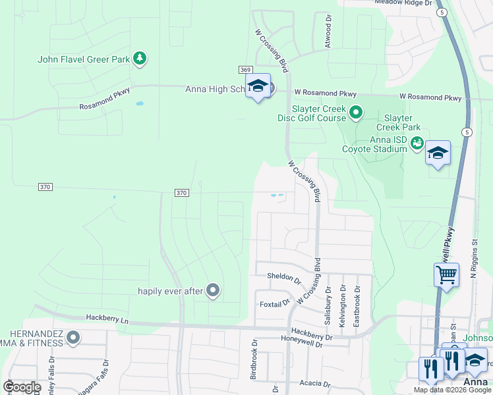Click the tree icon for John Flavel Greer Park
coord(139,59)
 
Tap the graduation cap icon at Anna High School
coord(258,86)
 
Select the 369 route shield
coord(245,70)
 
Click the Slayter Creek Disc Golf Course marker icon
coord(356,113)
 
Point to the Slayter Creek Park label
coord(398,122)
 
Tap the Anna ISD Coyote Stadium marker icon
coord(417,143)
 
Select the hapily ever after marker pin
coord(212,290)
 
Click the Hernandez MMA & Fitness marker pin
coord(72,338)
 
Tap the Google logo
coord(21,387)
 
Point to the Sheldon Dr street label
coord(283,277)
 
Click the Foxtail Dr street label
coord(275,303)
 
